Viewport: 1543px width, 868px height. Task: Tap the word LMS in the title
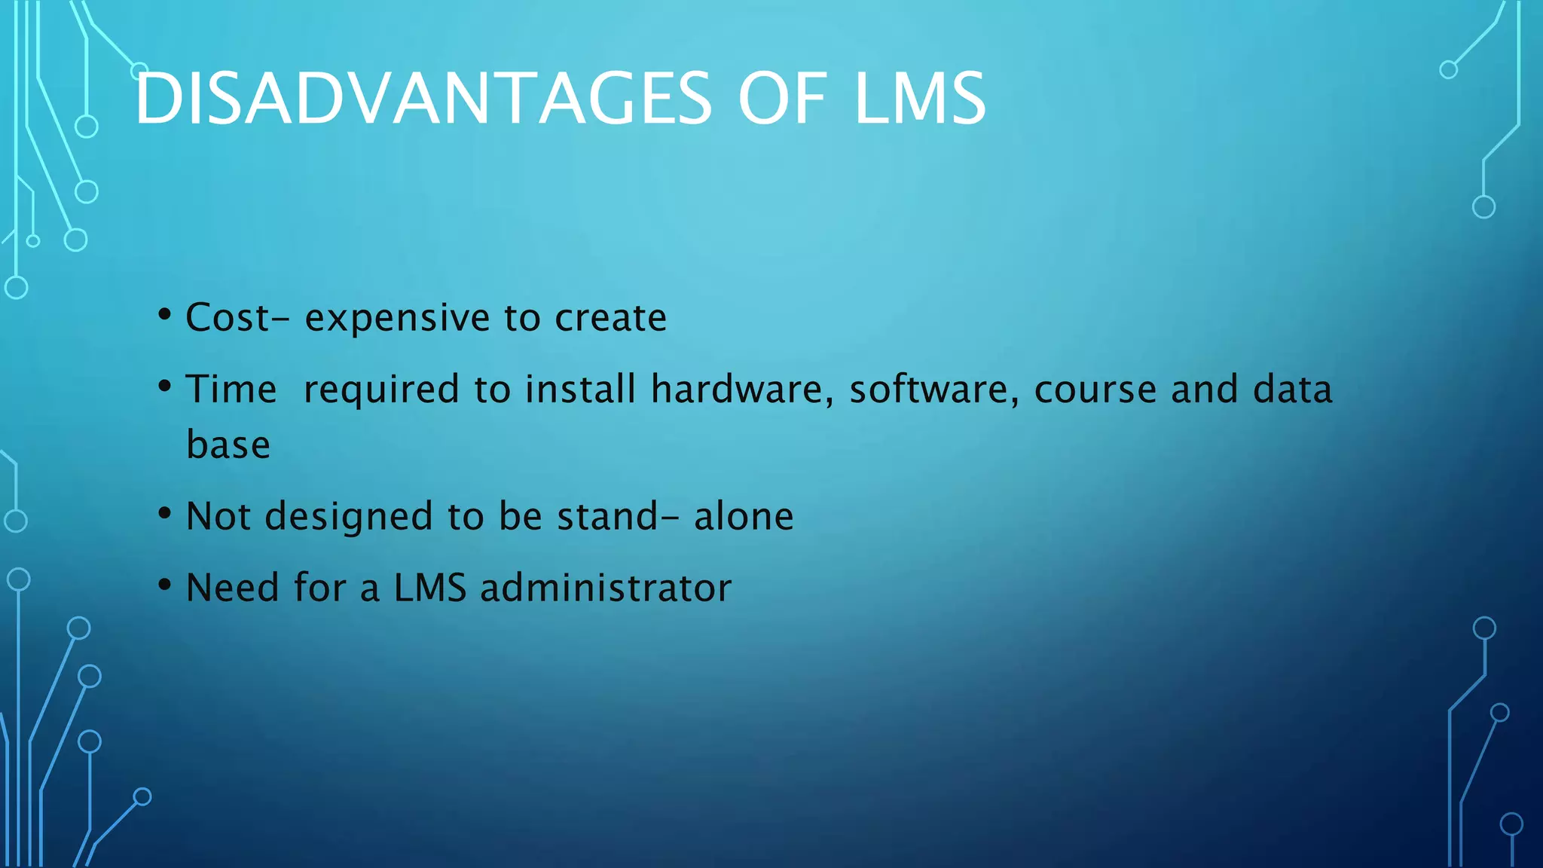coord(919,99)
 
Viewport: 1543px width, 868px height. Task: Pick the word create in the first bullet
coord(611,317)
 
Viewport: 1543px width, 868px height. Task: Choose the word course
coord(1095,390)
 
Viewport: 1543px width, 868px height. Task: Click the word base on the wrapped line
coord(228,445)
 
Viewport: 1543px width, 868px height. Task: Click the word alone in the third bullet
coord(744,516)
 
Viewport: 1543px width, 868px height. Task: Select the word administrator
coord(606,588)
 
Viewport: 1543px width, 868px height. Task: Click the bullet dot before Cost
coord(165,315)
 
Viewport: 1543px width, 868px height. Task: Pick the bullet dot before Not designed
coord(165,514)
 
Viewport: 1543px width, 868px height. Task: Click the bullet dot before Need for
coord(165,585)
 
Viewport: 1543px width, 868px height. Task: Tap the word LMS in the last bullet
coord(430,588)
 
